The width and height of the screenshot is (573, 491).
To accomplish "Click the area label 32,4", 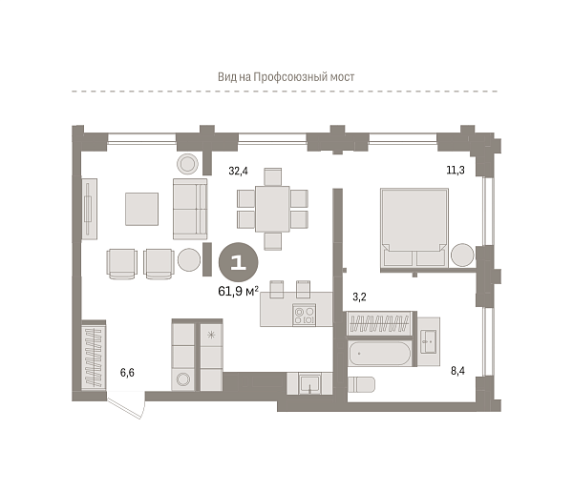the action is click(x=238, y=171).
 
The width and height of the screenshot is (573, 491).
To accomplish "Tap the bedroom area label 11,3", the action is click(x=456, y=170).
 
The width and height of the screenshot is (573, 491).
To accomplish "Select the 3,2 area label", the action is click(x=359, y=297).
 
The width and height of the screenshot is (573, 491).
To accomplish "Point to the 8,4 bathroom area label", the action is click(x=457, y=371).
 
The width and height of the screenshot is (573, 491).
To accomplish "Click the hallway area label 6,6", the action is click(x=127, y=373).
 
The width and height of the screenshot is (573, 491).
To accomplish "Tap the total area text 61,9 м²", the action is click(x=238, y=291).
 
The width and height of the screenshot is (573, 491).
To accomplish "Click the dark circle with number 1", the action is click(x=238, y=262).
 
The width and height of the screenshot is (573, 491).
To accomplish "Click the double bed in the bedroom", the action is click(x=414, y=228).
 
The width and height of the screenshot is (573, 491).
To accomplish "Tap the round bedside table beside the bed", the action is click(x=462, y=255).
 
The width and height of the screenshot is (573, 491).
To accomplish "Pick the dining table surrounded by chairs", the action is click(x=272, y=209).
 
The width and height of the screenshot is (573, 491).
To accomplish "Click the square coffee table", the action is click(x=141, y=209).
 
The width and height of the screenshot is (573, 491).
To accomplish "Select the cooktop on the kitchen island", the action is click(x=304, y=316).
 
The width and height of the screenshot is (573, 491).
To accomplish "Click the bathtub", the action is click(x=379, y=354).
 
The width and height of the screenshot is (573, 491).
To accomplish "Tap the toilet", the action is click(x=361, y=385).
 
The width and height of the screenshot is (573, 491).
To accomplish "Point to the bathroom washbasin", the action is click(x=428, y=342).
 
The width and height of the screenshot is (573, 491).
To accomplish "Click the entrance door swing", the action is click(x=126, y=405).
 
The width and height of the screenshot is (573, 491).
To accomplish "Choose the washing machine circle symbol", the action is click(x=182, y=379).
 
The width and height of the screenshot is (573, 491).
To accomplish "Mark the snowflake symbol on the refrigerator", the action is click(x=211, y=335).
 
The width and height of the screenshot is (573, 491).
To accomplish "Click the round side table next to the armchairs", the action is click(x=189, y=259).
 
